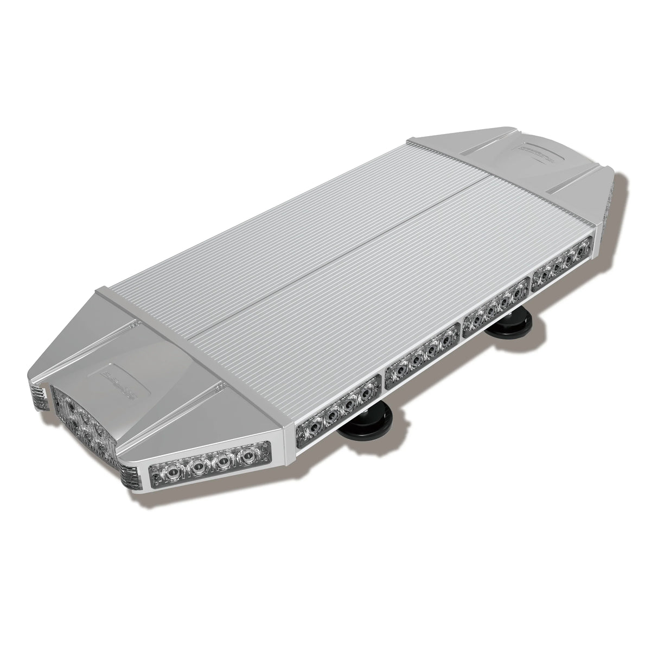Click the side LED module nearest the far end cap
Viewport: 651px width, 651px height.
(562, 262)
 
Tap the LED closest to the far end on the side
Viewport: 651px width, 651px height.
(582, 250)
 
